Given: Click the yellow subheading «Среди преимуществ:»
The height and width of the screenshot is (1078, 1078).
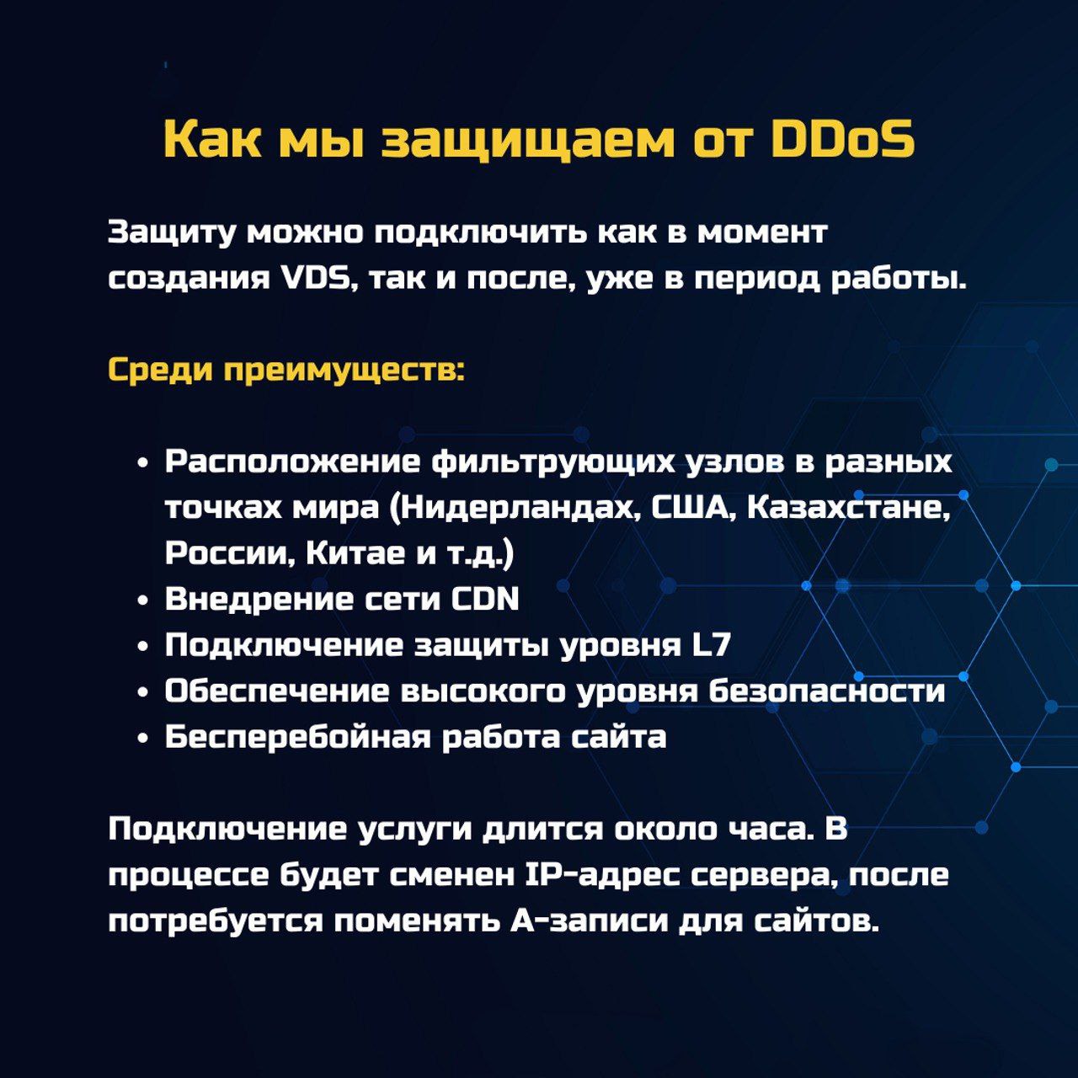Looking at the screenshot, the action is coord(286,371).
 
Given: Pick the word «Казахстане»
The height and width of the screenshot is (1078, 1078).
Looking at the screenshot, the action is coord(849,508).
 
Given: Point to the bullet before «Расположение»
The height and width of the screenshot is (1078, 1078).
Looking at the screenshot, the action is coord(144,464).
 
